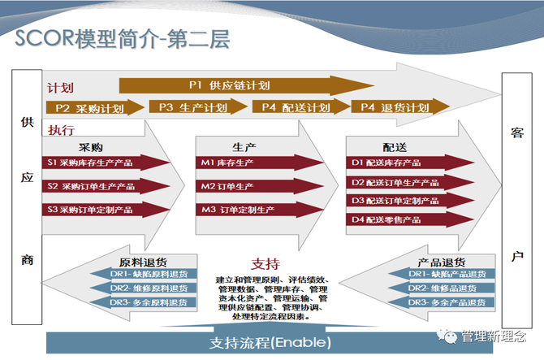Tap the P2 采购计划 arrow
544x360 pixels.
coord(93,108)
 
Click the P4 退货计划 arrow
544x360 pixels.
coord(398,107)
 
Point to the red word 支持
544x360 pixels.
coord(266,263)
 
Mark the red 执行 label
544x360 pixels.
coord(61,130)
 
